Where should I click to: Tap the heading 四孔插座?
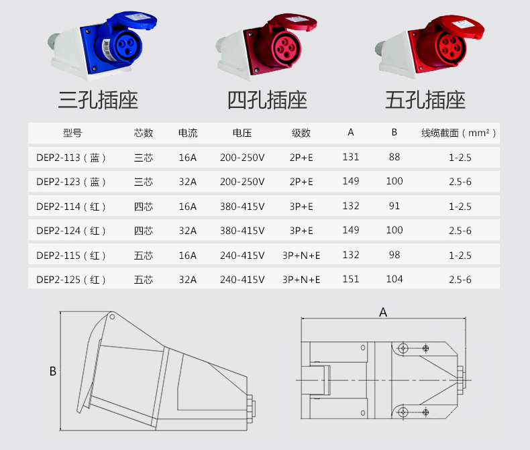pyautogui.click(x=267, y=101)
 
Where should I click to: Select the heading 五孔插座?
pyautogui.click(x=425, y=101)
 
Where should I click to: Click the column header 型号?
pyautogui.click(x=72, y=133)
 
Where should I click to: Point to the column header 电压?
pyautogui.click(x=242, y=133)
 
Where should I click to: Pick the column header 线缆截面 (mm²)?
pyautogui.click(x=459, y=133)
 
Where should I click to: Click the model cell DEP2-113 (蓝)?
pyautogui.click(x=71, y=158)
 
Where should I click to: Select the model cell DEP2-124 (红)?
pyautogui.click(x=71, y=231)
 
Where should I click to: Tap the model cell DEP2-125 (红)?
pyautogui.click(x=71, y=279)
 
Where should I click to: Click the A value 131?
pyautogui.click(x=350, y=157)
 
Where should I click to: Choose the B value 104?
pyautogui.click(x=394, y=278)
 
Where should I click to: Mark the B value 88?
pyautogui.click(x=394, y=157)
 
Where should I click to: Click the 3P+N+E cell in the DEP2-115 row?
pyautogui.click(x=301, y=256)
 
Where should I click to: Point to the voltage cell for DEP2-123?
pyautogui.click(x=242, y=182)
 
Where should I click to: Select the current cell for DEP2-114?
pyautogui.click(x=188, y=207)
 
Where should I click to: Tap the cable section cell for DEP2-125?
pyautogui.click(x=460, y=280)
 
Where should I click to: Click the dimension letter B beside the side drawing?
pyautogui.click(x=52, y=371)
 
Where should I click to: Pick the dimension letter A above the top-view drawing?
pyautogui.click(x=383, y=312)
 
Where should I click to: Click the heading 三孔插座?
pyautogui.click(x=99, y=101)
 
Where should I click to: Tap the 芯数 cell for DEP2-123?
pyautogui.click(x=144, y=182)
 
